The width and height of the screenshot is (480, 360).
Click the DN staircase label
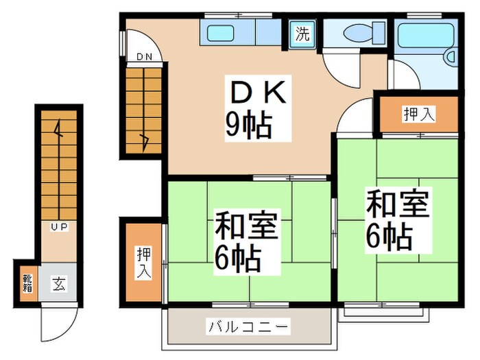(x=143, y=57)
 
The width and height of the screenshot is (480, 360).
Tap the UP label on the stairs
(x=59, y=226)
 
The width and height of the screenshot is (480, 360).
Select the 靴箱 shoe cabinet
(x=27, y=283)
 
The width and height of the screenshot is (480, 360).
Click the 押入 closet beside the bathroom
(x=418, y=114)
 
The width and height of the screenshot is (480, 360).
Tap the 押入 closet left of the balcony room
(x=143, y=263)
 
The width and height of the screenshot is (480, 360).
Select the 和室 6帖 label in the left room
(x=247, y=242)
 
